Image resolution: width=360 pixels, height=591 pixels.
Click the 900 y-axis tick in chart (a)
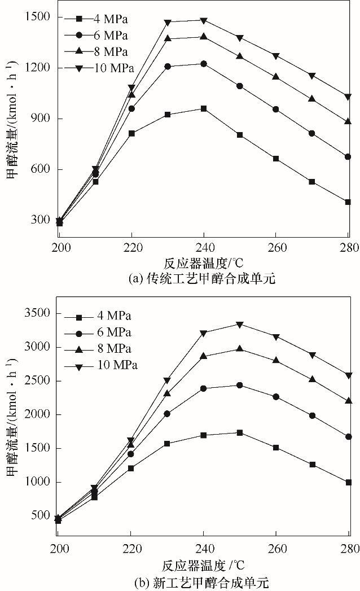pyautogui.click(x=41, y=119)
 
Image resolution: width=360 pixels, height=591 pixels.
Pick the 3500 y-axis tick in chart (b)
pyautogui.click(x=37, y=313)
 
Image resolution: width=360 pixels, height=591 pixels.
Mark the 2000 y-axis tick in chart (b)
pyautogui.click(x=37, y=414)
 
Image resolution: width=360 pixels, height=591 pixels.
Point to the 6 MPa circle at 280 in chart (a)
pyautogui.click(x=348, y=157)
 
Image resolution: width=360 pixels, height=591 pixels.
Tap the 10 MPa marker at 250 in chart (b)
pyautogui.click(x=240, y=325)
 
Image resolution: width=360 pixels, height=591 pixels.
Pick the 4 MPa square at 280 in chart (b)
pyautogui.click(x=348, y=483)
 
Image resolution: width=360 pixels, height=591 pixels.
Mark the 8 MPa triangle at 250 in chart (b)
pyautogui.click(x=240, y=349)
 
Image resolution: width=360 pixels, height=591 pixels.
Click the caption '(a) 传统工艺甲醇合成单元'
pyautogui.click(x=202, y=278)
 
